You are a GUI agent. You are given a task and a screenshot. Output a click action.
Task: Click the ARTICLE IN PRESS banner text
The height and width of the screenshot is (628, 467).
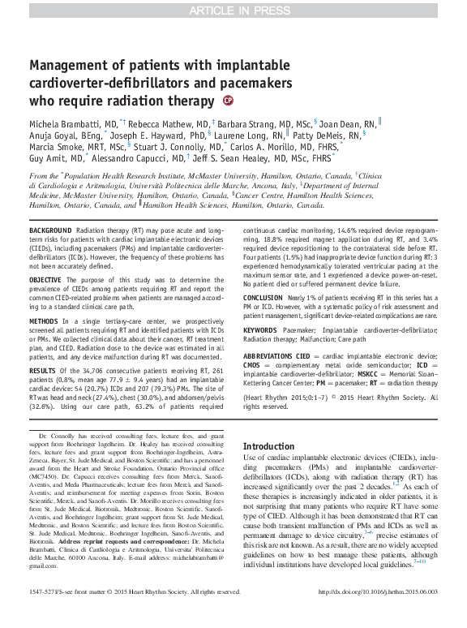[x=233, y=10]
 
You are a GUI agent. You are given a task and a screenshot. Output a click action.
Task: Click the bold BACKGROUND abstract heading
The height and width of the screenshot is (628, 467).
[x=56, y=231]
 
